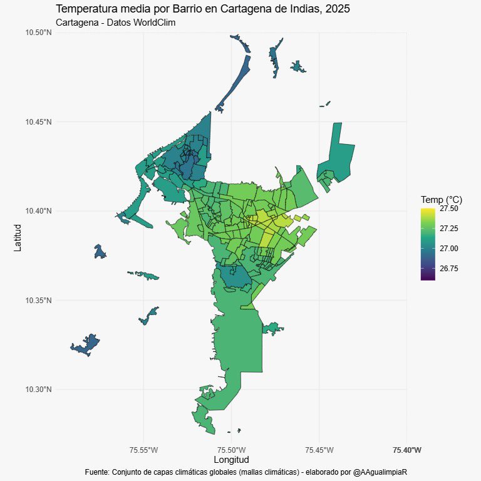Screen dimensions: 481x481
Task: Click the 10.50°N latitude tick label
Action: click(x=39, y=32)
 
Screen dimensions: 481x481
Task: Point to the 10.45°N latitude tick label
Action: click(x=39, y=122)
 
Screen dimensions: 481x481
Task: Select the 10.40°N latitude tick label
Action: click(x=39, y=211)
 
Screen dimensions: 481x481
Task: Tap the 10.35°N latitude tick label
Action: click(x=39, y=301)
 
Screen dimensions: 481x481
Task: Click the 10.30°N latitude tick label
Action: click(x=39, y=390)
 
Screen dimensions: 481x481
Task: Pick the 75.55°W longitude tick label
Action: click(x=143, y=450)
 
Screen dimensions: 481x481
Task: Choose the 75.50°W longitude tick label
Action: click(x=231, y=450)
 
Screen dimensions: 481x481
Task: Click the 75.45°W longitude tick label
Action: click(x=319, y=450)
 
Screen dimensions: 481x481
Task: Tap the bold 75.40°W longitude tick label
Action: click(x=406, y=450)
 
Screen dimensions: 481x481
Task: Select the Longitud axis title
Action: click(x=231, y=460)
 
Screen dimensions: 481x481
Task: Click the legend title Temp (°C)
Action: click(x=441, y=199)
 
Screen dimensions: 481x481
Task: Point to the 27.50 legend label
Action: click(x=448, y=209)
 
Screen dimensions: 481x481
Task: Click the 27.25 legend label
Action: click(x=448, y=229)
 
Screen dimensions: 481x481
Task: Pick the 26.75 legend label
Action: click(x=448, y=269)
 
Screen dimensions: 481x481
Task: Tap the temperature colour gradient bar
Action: click(x=428, y=244)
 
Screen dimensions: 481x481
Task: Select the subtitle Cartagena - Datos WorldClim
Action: click(x=115, y=23)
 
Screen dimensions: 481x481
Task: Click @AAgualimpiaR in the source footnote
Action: click(x=381, y=471)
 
